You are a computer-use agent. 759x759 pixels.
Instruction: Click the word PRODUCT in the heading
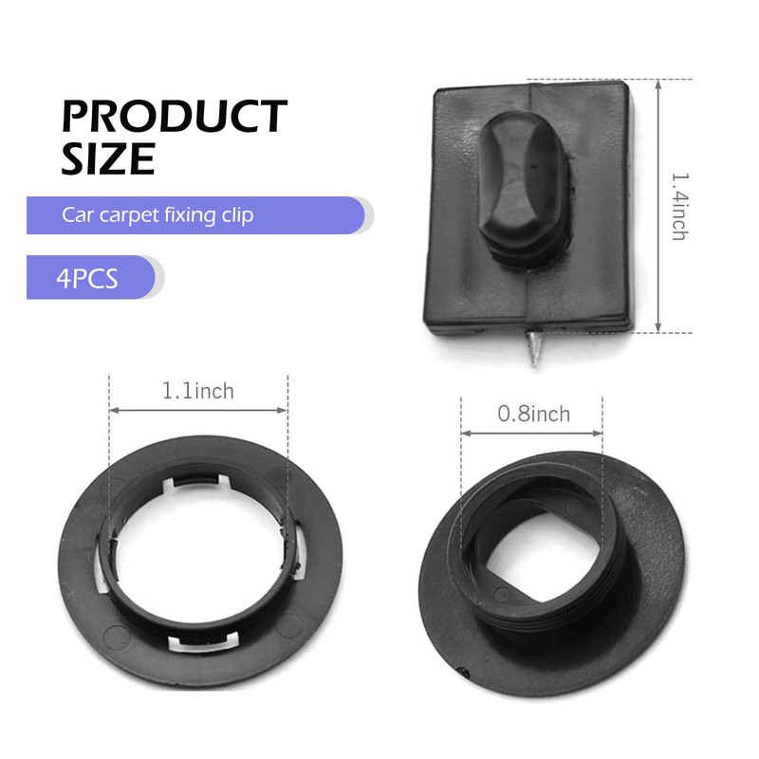pyautogui.click(x=175, y=116)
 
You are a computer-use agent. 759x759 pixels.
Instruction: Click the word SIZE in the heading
pyautogui.click(x=108, y=158)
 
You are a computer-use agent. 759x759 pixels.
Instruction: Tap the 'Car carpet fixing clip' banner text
pyautogui.click(x=157, y=215)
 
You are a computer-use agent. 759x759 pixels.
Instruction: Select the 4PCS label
pyautogui.click(x=87, y=278)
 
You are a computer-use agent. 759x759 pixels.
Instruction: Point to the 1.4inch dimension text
pyautogui.click(x=679, y=207)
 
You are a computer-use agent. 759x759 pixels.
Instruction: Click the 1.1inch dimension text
pyautogui.click(x=198, y=391)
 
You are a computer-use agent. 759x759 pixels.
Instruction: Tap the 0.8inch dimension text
pyautogui.click(x=534, y=415)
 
